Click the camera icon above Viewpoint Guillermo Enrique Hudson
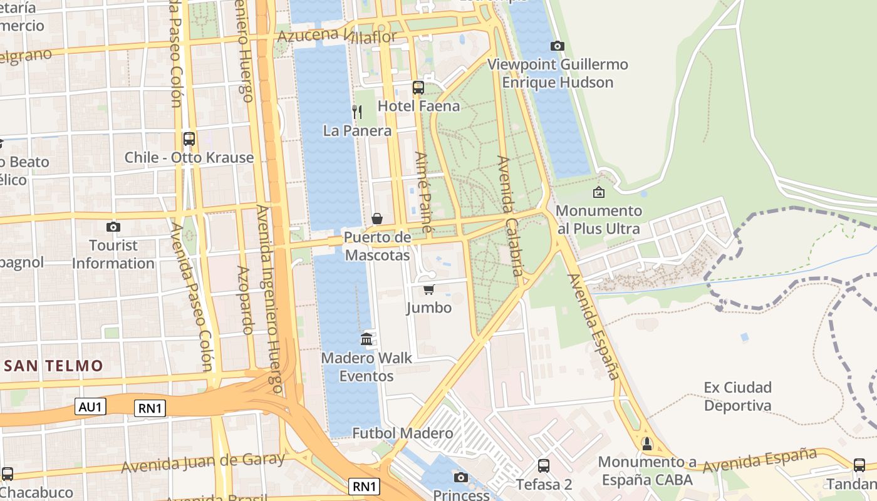point(557,46)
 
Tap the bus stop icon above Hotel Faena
point(418,88)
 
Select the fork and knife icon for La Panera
point(357,112)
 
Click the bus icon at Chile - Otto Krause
point(189,139)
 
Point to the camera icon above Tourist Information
point(113,227)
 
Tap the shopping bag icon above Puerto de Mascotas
point(377,219)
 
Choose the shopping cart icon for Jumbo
point(429,289)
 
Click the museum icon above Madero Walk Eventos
point(366,339)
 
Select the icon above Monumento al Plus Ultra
point(599,192)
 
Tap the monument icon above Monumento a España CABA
point(646,444)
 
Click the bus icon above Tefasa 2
point(544,466)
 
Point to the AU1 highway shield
point(91,406)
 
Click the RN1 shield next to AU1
point(150,408)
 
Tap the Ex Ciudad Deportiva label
point(737,396)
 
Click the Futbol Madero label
point(402,433)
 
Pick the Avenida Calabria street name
point(509,216)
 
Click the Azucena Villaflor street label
point(336,36)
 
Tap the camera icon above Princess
point(461,478)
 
